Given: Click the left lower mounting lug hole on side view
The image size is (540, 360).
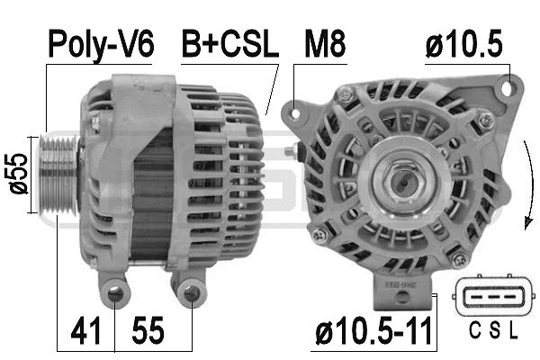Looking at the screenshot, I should click(x=114, y=292).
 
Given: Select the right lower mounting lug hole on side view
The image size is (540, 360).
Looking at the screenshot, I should click(x=191, y=292).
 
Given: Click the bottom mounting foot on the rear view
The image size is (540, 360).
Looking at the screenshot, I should click(x=404, y=287).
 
